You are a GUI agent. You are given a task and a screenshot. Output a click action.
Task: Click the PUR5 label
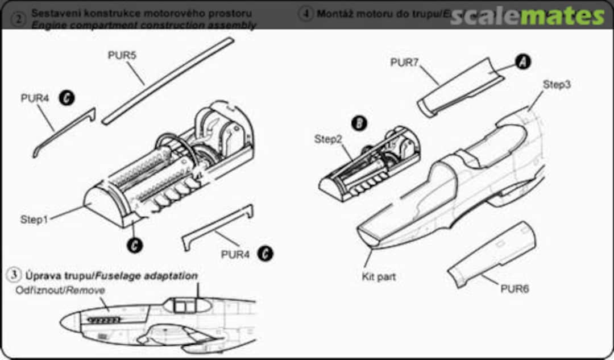[x=122, y=56]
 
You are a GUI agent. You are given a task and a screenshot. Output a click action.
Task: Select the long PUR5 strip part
[x=168, y=81]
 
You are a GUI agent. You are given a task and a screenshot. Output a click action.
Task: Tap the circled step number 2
[x=19, y=19]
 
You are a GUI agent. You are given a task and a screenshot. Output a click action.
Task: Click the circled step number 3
[x=13, y=275]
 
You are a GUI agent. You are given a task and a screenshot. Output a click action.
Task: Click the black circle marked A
[x=522, y=62]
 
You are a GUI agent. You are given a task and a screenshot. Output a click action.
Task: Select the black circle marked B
[x=359, y=123]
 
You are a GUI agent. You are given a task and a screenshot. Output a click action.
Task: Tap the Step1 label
[x=35, y=219]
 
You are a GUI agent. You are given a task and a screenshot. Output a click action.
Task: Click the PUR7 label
[x=404, y=63]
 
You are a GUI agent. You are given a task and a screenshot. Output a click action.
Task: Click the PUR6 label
[x=515, y=289]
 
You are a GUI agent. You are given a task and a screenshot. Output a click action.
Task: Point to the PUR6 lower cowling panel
[x=492, y=254]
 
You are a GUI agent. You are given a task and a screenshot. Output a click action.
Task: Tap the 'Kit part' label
[x=378, y=277]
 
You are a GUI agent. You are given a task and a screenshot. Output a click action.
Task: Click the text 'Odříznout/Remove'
[x=61, y=290]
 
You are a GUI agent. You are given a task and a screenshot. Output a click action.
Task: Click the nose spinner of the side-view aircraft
[x=68, y=323]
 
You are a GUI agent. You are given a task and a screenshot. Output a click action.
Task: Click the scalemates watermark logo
[x=527, y=16]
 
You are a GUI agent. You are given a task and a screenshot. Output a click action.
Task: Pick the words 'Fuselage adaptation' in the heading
[x=147, y=276]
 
